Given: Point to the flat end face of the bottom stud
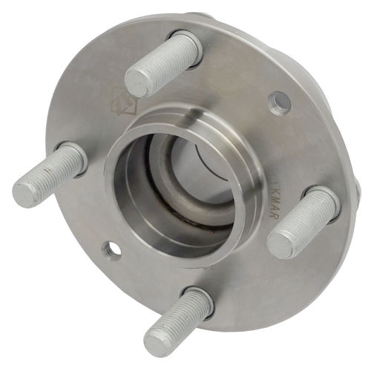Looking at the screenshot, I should pyautogui.click(x=158, y=341).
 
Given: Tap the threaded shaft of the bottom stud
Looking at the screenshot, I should pyautogui.click(x=182, y=315).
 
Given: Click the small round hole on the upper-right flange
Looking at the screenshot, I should pyautogui.click(x=280, y=99).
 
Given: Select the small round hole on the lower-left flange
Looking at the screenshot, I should pyautogui.click(x=113, y=250).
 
